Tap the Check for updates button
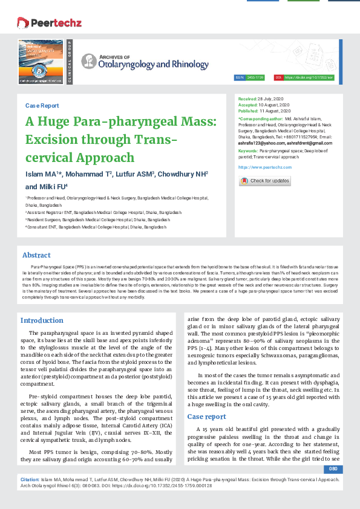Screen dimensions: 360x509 pos(264,181)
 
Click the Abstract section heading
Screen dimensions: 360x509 pos(36,255)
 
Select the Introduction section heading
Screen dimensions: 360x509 pos(42,320)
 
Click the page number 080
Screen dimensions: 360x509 pos(333,469)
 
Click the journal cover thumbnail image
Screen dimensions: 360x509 pos(41,60)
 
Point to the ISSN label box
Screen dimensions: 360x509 pos(240,78)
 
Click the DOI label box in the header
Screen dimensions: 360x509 pos(278,78)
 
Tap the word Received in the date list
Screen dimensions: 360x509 pos(247,98)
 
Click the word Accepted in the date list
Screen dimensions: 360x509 pos(247,104)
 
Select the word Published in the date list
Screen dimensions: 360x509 pos(248,110)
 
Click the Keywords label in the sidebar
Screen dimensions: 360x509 pos(248,150)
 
